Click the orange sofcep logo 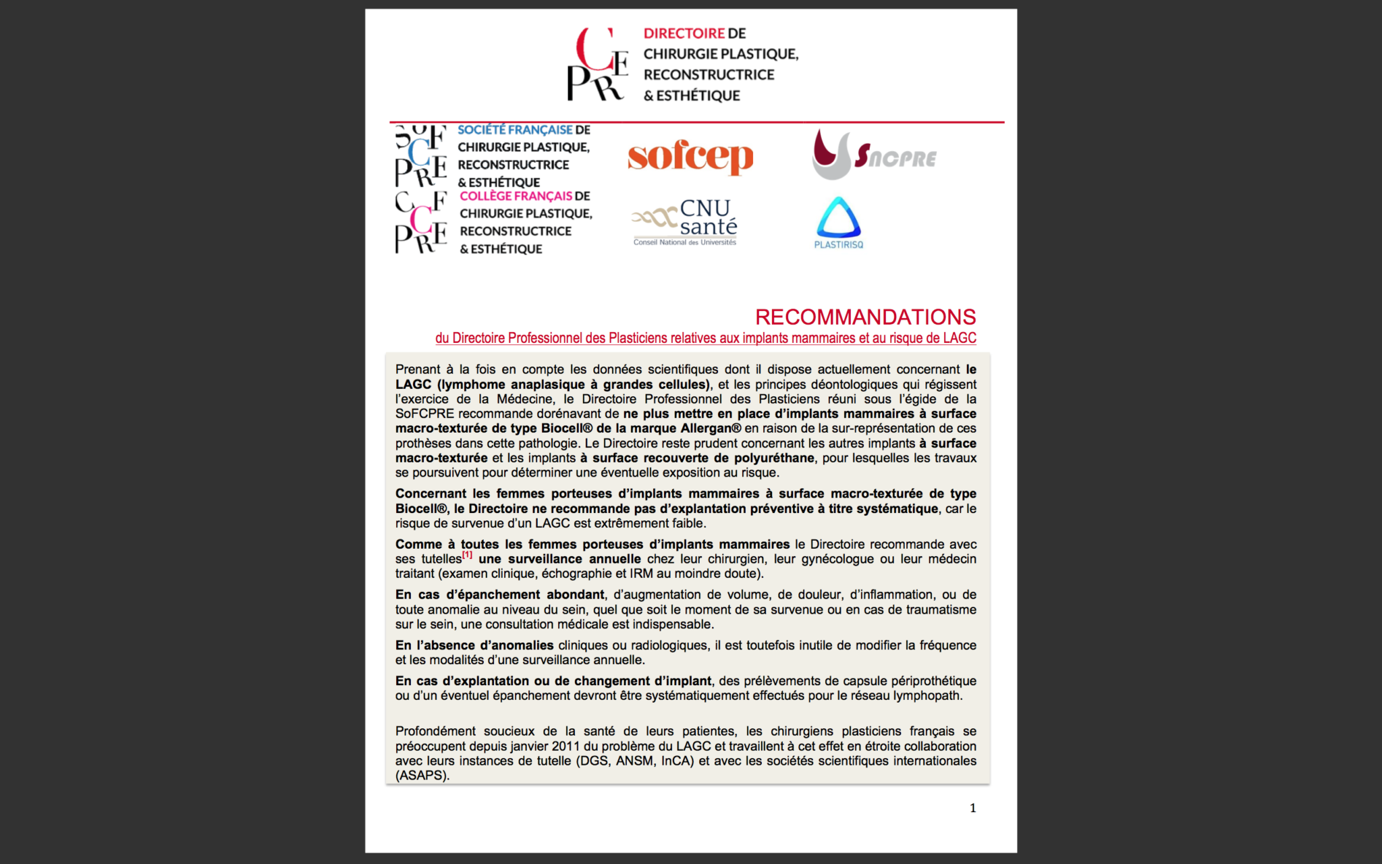point(690,157)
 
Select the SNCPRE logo point(875,156)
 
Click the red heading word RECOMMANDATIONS point(865,317)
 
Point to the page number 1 point(972,808)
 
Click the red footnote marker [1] point(467,555)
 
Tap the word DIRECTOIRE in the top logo point(684,33)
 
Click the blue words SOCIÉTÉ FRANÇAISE point(514,130)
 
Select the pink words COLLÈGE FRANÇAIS point(516,196)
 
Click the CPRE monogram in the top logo point(597,65)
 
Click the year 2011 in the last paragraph point(565,746)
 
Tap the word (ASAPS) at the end point(422,776)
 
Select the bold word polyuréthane point(774,458)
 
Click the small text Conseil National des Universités point(684,242)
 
